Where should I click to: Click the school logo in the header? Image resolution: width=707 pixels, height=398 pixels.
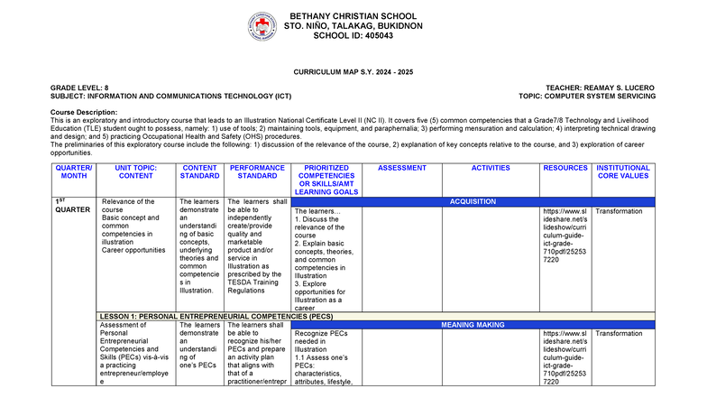pos(262,26)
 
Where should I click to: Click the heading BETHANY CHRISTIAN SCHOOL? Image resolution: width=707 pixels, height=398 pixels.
pos(353,18)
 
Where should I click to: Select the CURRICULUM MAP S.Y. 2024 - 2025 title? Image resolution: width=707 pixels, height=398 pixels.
pos(353,70)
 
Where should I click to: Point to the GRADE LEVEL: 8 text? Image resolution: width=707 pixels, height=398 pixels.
pos(79,87)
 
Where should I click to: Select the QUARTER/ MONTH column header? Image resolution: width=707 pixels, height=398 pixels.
pos(73,172)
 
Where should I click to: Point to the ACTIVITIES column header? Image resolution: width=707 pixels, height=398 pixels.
pos(491,168)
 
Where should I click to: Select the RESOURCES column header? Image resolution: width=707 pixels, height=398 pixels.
pos(565,168)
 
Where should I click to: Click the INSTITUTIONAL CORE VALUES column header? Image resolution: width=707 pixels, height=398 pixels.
pos(622,172)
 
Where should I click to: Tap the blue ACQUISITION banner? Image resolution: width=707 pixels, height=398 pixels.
pos(473,202)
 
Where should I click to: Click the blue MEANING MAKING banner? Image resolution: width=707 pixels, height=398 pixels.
pos(473,324)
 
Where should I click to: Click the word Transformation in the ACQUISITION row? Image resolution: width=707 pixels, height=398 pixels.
pos(620,211)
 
